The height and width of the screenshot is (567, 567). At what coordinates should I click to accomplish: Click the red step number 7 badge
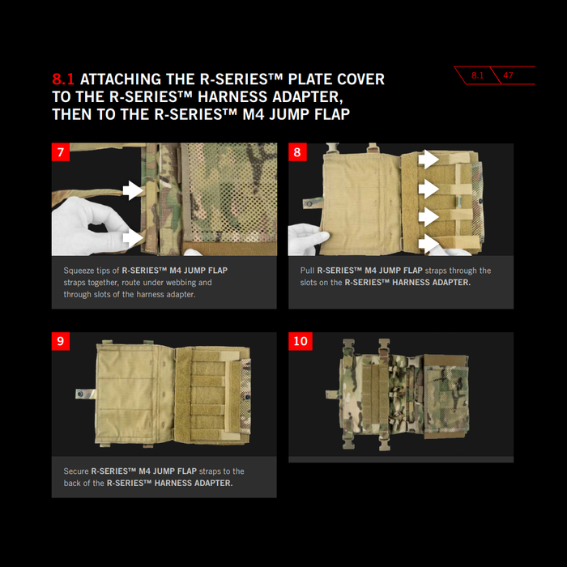[x=61, y=152]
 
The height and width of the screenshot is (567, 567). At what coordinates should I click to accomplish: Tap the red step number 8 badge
[x=297, y=152]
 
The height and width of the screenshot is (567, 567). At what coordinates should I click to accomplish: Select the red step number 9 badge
[x=61, y=341]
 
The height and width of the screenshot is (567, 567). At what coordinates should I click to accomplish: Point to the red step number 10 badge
[x=301, y=341]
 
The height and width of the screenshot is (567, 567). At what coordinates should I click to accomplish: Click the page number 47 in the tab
[x=508, y=75]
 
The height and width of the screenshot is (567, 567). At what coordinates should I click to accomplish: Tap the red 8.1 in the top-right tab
[x=477, y=75]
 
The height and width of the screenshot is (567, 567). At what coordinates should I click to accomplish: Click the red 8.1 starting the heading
[x=63, y=79]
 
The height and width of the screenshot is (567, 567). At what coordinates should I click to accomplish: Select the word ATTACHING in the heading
[x=121, y=79]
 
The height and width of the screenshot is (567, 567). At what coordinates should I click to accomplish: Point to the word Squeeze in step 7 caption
[x=79, y=271]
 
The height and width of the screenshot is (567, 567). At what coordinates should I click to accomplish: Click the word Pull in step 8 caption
[x=307, y=271]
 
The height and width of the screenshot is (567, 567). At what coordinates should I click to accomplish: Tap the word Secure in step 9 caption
[x=76, y=471]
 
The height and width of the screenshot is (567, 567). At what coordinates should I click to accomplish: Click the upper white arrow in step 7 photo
[x=133, y=190]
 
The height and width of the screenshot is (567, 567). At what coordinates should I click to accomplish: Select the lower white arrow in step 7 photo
[x=133, y=238]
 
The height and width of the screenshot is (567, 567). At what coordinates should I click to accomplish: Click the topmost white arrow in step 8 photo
[x=428, y=159]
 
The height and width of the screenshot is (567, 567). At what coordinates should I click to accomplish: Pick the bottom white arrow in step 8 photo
[x=428, y=244]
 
